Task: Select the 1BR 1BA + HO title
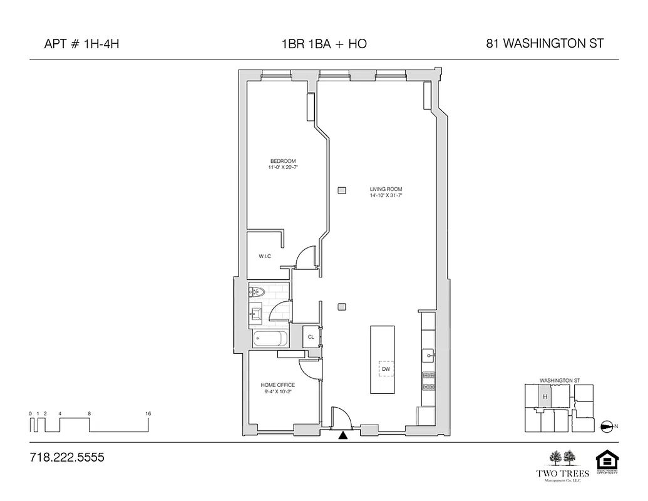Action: tap(324, 44)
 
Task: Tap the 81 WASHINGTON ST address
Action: tap(544, 44)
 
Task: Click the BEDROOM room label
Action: tap(283, 162)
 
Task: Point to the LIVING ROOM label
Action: tap(386, 189)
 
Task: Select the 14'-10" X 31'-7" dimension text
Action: tap(386, 196)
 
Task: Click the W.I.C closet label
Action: tap(265, 257)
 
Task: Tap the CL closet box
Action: tap(311, 337)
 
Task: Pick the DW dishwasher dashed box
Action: tap(386, 369)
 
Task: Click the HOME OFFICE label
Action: tap(277, 385)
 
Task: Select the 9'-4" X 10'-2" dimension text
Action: tap(277, 392)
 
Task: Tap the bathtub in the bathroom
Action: tap(270, 339)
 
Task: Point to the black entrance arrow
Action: tap(342, 435)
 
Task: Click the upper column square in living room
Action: tap(341, 190)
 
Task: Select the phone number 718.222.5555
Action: tap(67, 458)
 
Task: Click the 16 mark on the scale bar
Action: tap(148, 414)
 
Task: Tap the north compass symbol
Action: tap(607, 426)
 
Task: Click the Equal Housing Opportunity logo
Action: tap(605, 463)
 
